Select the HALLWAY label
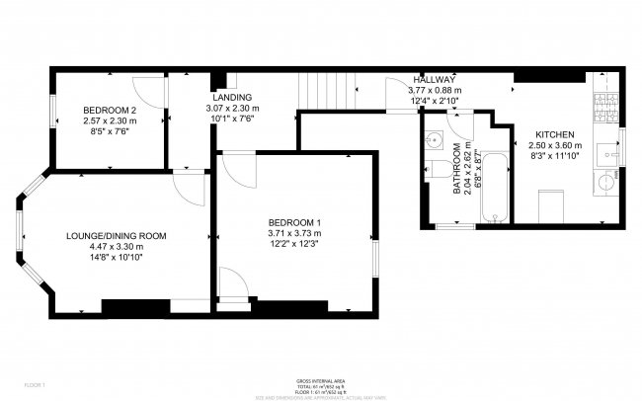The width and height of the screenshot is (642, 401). tap(434, 78)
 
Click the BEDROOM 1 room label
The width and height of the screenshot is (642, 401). tap(294, 221)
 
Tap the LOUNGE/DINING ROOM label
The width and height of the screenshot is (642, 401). tap(116, 236)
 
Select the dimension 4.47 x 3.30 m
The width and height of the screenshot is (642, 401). tap(116, 247)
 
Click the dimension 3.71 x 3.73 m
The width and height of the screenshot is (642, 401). tap(294, 233)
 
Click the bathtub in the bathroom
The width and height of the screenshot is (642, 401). tap(495, 187)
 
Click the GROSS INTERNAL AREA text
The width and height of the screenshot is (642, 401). tap(321, 380)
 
